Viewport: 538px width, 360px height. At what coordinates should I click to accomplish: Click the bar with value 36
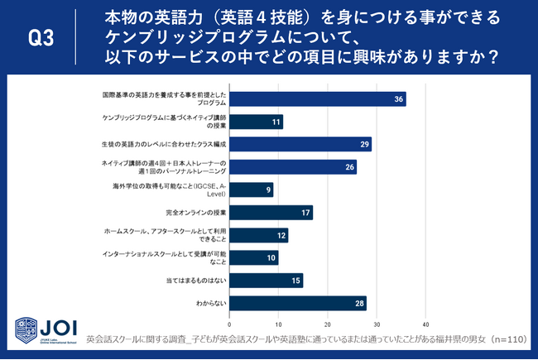[317, 99]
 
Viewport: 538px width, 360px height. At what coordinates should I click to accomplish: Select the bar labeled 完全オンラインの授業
[271, 213]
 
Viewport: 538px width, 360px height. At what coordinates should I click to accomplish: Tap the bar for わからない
[297, 303]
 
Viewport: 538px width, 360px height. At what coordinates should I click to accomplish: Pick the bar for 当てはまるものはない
[266, 281]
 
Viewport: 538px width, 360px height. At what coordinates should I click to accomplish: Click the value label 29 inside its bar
[365, 145]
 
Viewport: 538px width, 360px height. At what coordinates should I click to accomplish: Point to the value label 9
[267, 190]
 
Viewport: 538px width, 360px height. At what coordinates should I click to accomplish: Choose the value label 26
[350, 167]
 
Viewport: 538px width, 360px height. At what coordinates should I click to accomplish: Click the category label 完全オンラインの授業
[195, 213]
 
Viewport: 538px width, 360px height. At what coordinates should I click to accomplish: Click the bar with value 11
[256, 122]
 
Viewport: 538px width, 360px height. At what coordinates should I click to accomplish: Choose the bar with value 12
[258, 235]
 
